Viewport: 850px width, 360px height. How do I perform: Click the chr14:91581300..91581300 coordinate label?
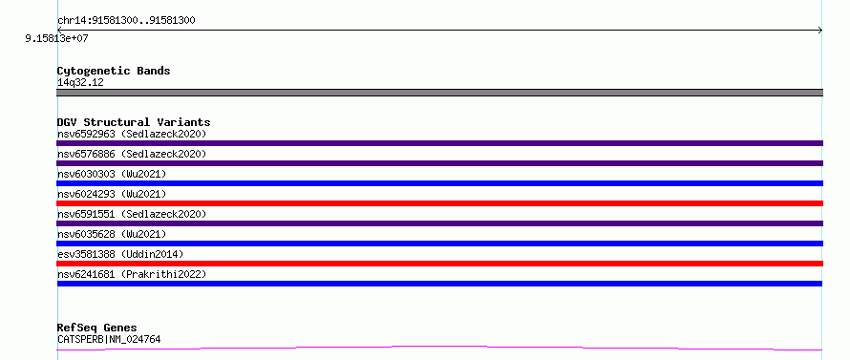(126, 21)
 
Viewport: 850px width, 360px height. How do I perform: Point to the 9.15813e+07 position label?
(57, 39)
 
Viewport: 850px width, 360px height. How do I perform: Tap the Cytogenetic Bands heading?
(114, 71)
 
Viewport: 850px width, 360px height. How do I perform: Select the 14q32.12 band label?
(80, 83)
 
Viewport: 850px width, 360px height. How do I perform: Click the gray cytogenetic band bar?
(439, 93)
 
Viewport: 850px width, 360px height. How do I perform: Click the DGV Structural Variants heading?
(134, 122)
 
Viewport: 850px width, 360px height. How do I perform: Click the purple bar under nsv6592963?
(439, 143)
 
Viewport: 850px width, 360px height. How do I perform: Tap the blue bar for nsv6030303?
(439, 183)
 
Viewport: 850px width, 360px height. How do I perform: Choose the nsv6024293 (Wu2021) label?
(112, 194)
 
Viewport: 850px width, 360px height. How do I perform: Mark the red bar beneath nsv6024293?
(439, 203)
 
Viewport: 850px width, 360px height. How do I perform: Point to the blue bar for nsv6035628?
(439, 244)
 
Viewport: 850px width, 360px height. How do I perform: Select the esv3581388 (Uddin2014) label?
(120, 254)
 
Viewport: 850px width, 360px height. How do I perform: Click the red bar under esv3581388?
(439, 264)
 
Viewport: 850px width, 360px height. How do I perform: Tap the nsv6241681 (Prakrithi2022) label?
(132, 274)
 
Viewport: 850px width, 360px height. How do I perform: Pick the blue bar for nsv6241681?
(439, 284)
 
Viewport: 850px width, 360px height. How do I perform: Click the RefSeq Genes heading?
(96, 328)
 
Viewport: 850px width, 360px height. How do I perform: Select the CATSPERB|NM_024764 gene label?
(109, 340)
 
